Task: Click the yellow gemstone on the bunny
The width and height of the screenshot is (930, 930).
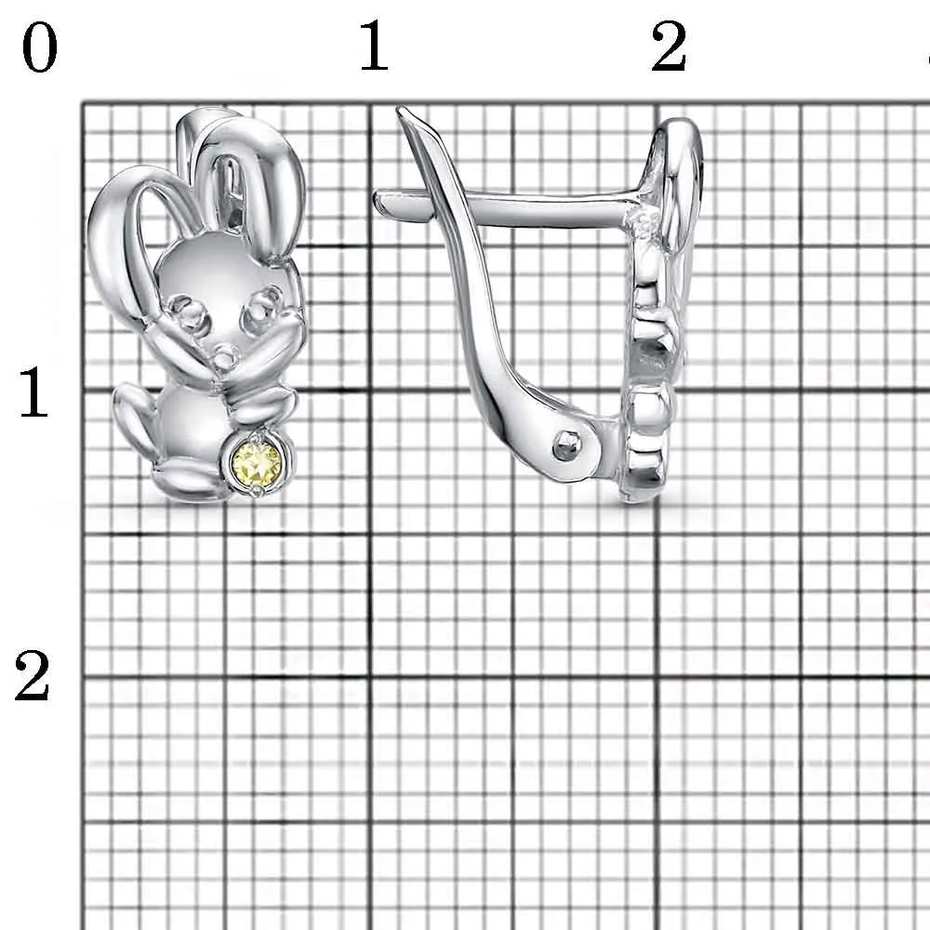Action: point(257,461)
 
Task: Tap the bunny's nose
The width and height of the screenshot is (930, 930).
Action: point(225,354)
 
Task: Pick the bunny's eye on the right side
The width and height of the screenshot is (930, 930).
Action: point(261,305)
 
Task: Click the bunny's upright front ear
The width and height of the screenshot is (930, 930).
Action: point(249,178)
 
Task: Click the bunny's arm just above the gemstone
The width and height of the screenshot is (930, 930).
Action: point(261,405)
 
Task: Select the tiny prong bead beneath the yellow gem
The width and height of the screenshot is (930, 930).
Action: point(257,490)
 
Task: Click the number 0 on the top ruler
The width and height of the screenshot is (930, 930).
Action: point(39,48)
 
